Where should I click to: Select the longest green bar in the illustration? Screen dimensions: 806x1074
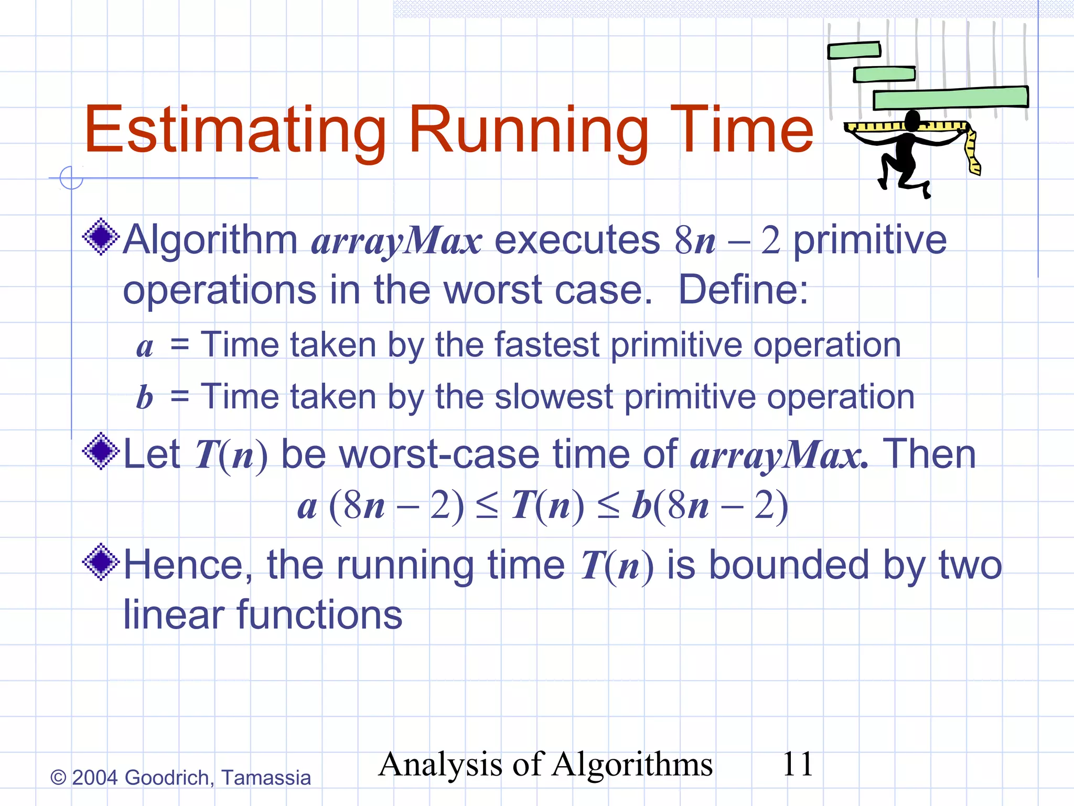click(x=950, y=98)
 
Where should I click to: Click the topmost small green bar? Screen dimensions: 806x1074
click(x=854, y=50)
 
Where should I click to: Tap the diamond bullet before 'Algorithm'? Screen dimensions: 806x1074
click(x=101, y=237)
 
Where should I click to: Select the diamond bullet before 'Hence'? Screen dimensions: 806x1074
click(x=101, y=562)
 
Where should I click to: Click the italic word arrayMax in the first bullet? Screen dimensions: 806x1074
click(x=396, y=241)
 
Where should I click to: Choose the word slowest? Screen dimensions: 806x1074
click(x=553, y=397)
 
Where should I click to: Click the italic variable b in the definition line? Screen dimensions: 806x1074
click(x=144, y=397)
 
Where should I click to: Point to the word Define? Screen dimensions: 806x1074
click(x=743, y=290)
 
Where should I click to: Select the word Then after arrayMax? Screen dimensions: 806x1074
click(x=929, y=454)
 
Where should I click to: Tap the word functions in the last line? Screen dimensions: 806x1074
click(x=320, y=615)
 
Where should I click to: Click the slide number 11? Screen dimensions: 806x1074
click(x=797, y=764)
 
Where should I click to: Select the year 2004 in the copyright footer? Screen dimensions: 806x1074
click(x=94, y=778)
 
